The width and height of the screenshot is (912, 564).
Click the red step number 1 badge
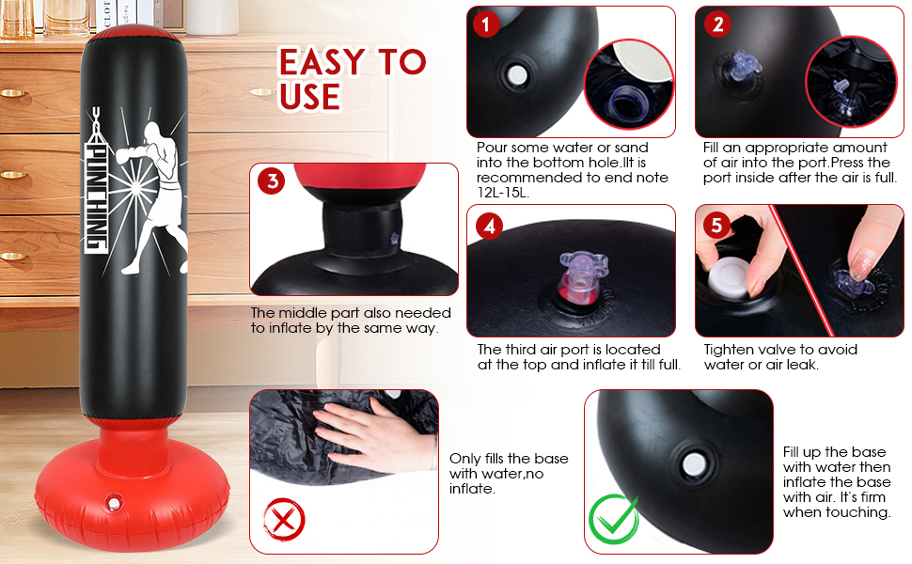click(x=486, y=23)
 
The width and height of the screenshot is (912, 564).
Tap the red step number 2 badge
click(x=717, y=23)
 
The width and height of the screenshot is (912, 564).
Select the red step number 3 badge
click(x=271, y=180)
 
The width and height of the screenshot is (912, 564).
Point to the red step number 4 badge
click(x=489, y=226)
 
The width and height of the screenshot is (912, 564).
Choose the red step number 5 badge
click(x=716, y=225)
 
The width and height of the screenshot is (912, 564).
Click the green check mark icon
click(x=614, y=519)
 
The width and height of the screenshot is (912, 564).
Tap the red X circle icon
click(x=284, y=519)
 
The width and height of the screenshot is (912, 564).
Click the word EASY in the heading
click(x=322, y=62)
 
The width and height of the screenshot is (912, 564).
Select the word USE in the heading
click(x=309, y=97)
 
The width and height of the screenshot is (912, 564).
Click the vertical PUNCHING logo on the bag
click(x=96, y=180)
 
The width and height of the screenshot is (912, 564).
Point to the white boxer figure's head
click(x=152, y=131)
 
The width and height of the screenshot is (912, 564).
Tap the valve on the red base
click(x=114, y=502)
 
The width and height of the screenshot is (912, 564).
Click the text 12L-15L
click(x=502, y=193)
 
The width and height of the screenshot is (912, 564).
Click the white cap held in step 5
click(x=729, y=278)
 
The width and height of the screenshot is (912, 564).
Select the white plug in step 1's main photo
click(x=516, y=75)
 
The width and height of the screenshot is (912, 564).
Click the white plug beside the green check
click(x=694, y=464)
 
